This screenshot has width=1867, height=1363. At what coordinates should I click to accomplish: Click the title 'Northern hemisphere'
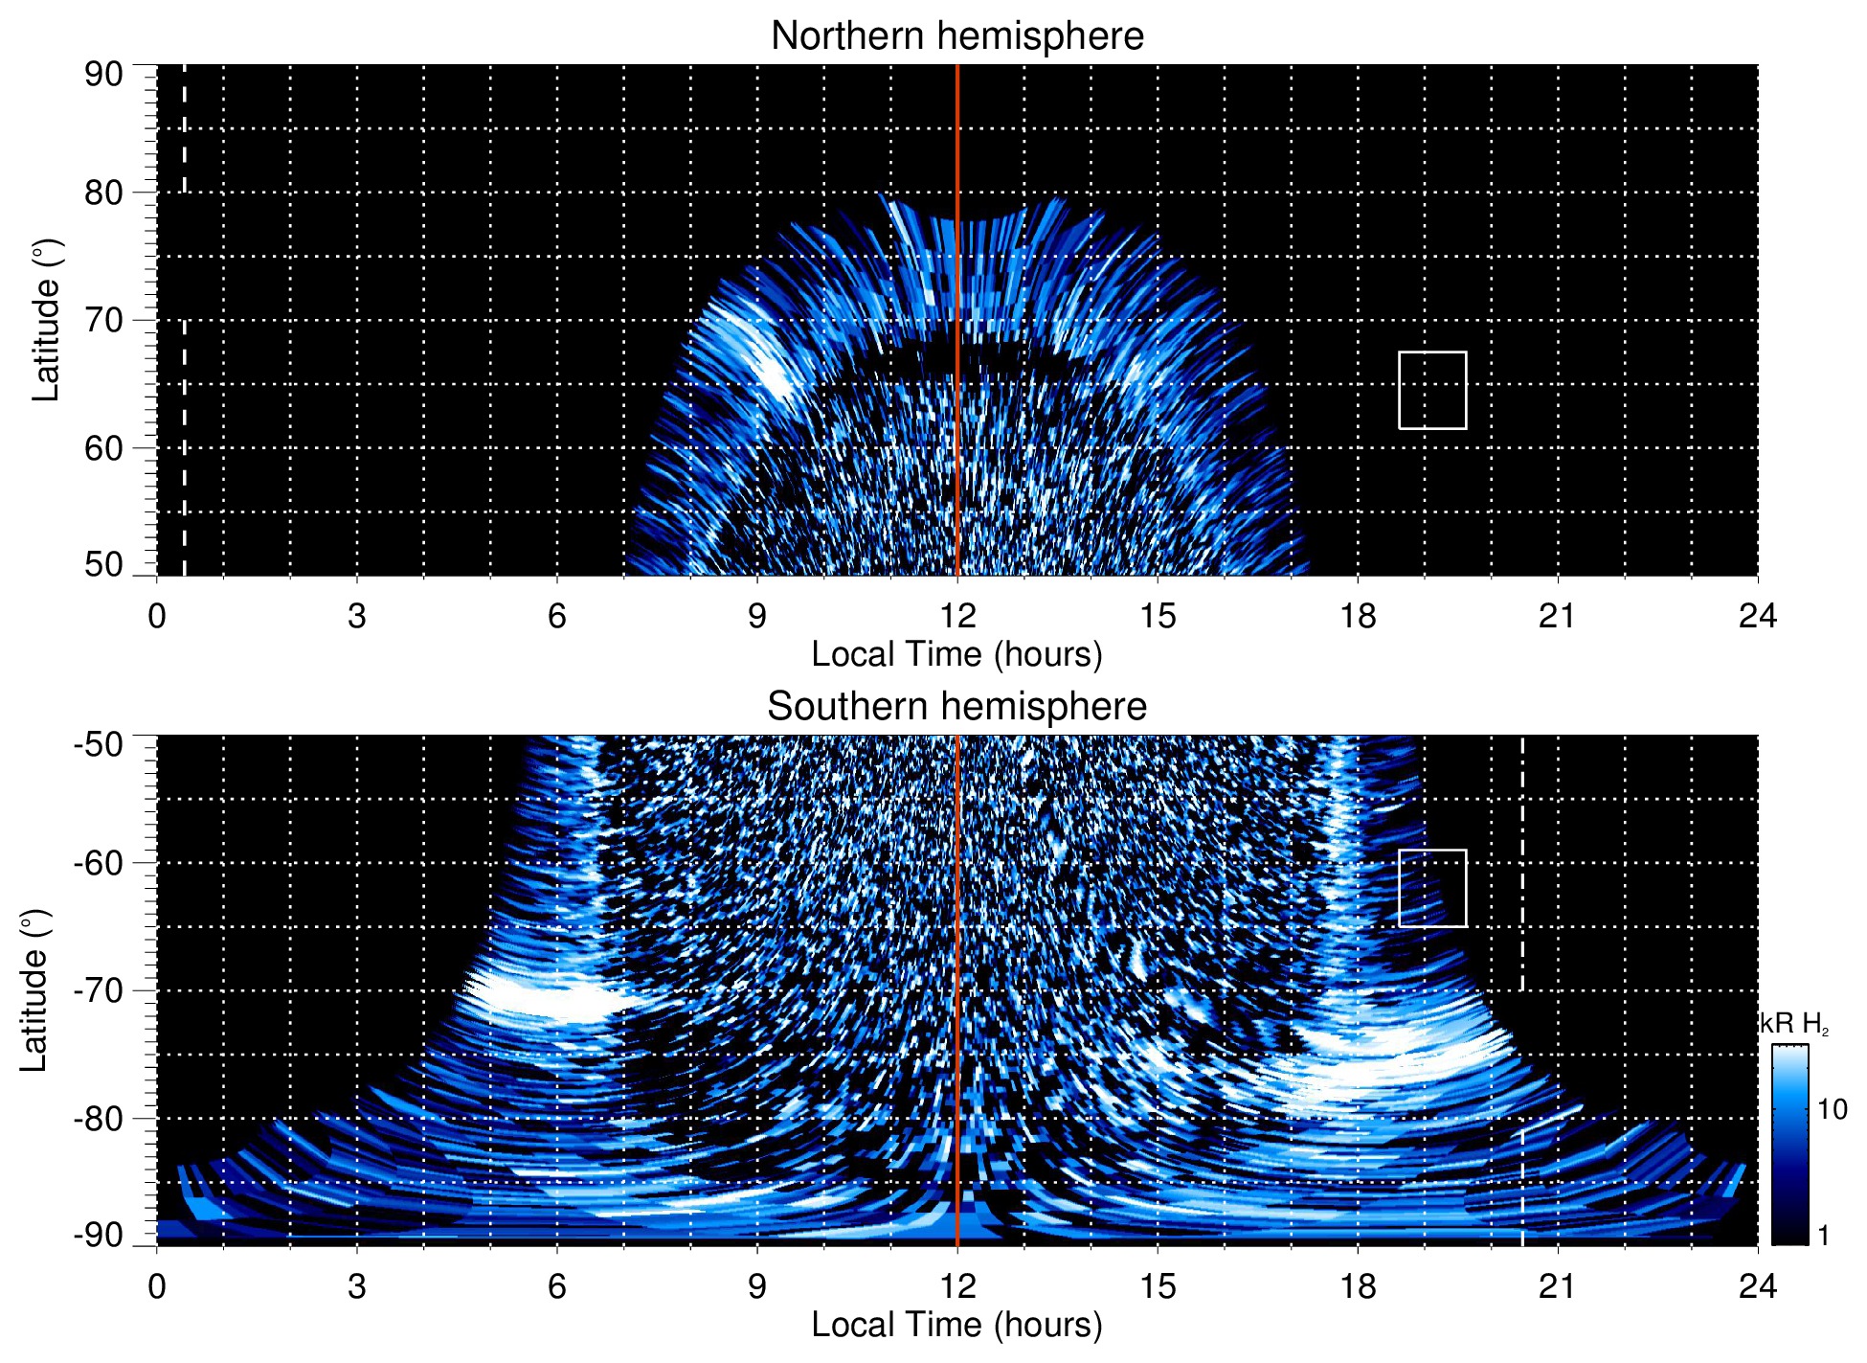pyautogui.click(x=956, y=36)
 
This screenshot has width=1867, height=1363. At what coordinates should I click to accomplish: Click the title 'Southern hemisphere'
pyautogui.click(x=956, y=707)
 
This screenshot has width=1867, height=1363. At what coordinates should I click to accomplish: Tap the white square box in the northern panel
pyautogui.click(x=1432, y=390)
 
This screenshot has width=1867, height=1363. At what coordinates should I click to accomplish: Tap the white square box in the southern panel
pyautogui.click(x=1432, y=888)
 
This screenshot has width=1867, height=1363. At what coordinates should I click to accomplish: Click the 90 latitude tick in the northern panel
pyautogui.click(x=103, y=75)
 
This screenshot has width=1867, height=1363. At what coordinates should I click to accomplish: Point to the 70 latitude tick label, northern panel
pyautogui.click(x=103, y=320)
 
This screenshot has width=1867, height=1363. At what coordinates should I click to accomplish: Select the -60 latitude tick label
pyautogui.click(x=99, y=862)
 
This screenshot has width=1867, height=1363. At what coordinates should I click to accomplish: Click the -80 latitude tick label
pyautogui.click(x=99, y=1118)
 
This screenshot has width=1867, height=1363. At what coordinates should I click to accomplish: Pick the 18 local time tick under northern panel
pyautogui.click(x=1358, y=616)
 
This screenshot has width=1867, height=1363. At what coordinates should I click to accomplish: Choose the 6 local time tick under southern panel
pyautogui.click(x=556, y=1286)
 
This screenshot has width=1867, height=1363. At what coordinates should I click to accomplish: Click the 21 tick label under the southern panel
pyautogui.click(x=1558, y=1286)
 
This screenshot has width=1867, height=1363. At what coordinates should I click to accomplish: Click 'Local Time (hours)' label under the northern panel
pyautogui.click(x=956, y=654)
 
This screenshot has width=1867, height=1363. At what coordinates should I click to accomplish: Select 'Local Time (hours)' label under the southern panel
pyautogui.click(x=956, y=1325)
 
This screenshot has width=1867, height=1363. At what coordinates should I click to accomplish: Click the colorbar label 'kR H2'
pyautogui.click(x=1794, y=1024)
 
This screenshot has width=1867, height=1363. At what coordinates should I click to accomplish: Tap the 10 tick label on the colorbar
pyautogui.click(x=1832, y=1110)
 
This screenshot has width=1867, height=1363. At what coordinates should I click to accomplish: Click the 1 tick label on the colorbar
pyautogui.click(x=1823, y=1236)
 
